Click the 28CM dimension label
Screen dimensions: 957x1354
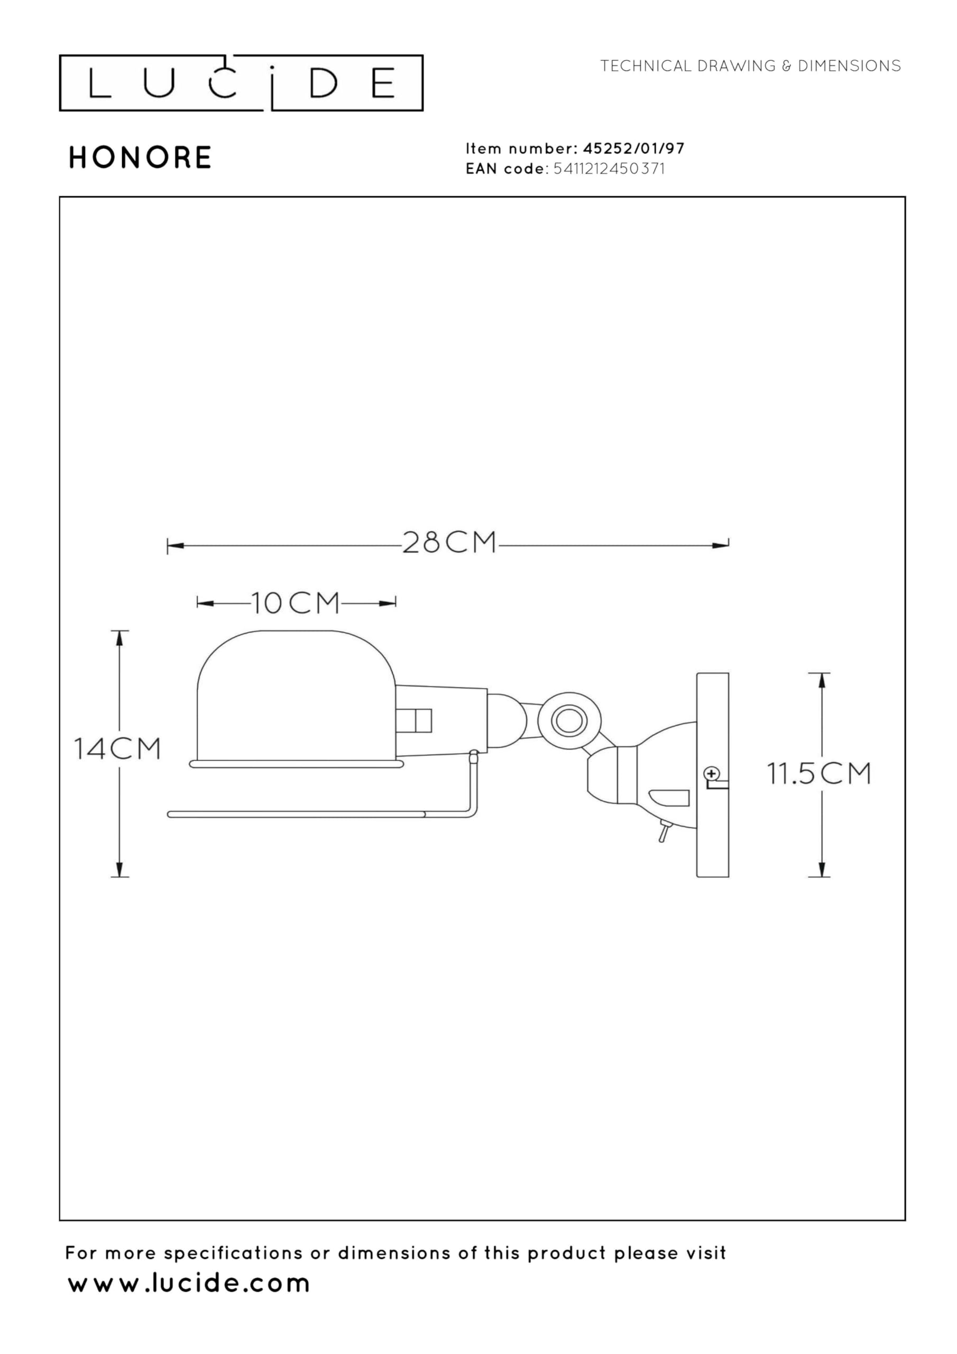449,543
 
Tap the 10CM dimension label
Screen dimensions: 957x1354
296,603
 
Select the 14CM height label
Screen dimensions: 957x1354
117,748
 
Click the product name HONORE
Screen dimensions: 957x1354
140,158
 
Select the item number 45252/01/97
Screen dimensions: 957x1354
634,148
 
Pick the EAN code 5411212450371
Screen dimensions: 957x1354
609,169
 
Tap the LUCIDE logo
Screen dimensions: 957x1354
241,83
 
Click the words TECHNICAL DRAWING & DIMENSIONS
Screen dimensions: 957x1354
751,66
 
